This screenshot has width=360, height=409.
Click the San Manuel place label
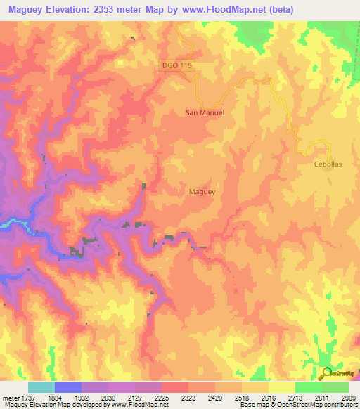tap(204, 112)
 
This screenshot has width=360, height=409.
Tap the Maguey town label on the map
tap(202, 190)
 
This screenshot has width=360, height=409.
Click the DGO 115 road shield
tap(176, 65)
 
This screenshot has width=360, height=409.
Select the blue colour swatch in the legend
tap(68, 387)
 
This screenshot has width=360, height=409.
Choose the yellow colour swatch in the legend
tap(282, 387)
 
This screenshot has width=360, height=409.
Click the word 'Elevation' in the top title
tap(68, 9)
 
